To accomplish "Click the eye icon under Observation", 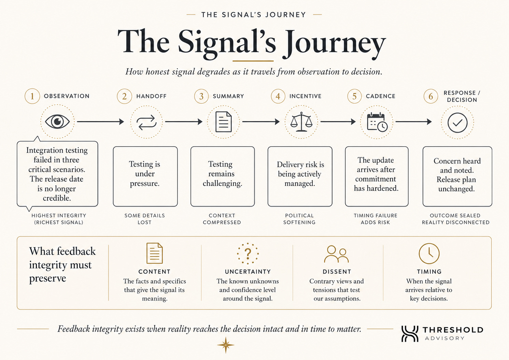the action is (x=57, y=121).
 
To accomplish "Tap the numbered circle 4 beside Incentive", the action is (x=278, y=96).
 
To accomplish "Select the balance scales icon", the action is (x=301, y=122).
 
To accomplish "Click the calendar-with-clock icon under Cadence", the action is (x=377, y=122).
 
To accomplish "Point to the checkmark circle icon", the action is (x=457, y=123).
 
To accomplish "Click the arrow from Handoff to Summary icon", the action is (x=184, y=122).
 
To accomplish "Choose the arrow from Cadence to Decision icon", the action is (x=413, y=122).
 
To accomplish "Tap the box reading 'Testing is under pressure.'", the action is (x=145, y=176).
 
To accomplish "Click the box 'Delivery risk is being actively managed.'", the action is (x=300, y=176).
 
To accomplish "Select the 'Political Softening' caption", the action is (x=299, y=219).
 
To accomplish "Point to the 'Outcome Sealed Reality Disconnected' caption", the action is (x=456, y=219).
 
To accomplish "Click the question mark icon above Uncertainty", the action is (x=248, y=254).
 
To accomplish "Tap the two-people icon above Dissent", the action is (x=336, y=254).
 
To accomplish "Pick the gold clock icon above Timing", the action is (x=429, y=254).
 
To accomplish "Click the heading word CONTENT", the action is (x=154, y=272).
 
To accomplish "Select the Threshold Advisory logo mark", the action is (x=410, y=334).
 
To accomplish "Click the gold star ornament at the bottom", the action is (x=226, y=345).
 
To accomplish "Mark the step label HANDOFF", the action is (x=151, y=96).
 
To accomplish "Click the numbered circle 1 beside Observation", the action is (x=32, y=96).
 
